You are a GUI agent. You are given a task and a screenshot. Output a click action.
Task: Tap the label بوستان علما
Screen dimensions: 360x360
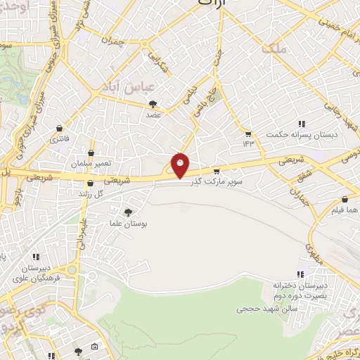(128, 224)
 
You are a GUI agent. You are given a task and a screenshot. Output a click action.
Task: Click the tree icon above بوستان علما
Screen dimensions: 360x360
(128, 212)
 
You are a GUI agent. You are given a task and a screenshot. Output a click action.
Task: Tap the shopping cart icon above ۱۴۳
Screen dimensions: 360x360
(247, 133)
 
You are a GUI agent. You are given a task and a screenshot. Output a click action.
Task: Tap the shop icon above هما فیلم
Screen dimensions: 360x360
(345, 199)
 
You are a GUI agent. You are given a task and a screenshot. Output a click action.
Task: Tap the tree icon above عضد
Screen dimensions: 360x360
(153, 104)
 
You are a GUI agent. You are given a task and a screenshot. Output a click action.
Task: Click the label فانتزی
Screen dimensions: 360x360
(59, 140)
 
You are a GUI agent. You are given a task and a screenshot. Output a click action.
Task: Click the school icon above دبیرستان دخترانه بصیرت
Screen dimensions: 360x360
(301, 274)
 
